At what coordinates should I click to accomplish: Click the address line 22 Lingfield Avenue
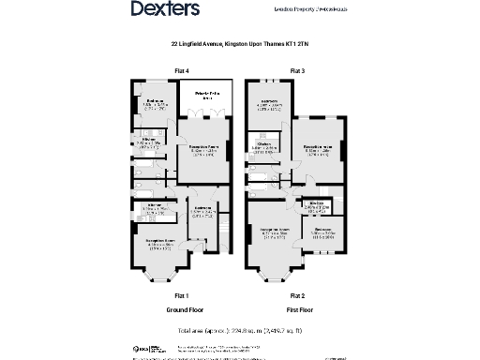[239, 43]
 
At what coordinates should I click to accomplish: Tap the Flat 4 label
[182, 71]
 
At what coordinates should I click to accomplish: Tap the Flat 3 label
[296, 71]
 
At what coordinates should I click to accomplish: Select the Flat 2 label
[296, 294]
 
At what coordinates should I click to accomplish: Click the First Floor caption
[296, 308]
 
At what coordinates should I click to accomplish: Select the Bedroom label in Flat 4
[156, 100]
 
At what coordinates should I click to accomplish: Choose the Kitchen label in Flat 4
[149, 140]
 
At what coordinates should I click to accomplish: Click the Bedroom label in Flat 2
[324, 230]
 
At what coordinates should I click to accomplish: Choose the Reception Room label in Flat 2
[272, 230]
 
